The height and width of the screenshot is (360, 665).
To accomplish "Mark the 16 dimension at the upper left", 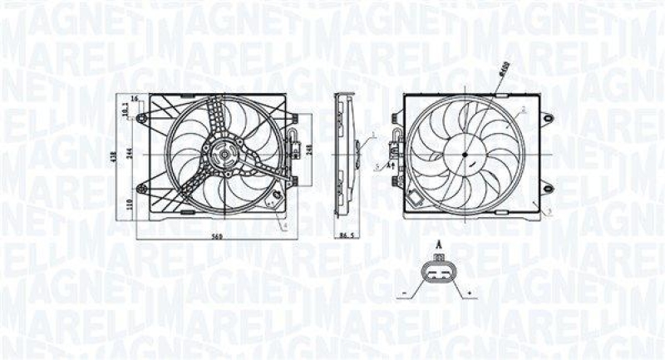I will [134, 100].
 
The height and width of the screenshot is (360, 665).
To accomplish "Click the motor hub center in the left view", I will [221, 155].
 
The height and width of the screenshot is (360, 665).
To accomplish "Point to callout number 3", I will [550, 214].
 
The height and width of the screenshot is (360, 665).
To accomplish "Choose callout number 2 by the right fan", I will [524, 109].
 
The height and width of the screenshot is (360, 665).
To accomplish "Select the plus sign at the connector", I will [470, 294].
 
